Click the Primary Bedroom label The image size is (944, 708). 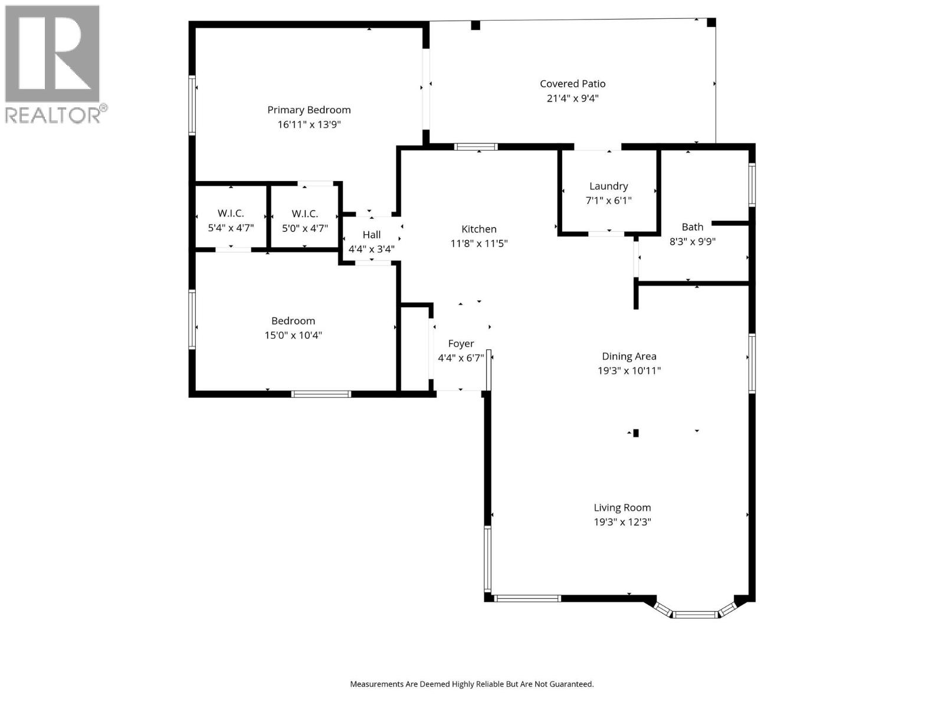click(309, 110)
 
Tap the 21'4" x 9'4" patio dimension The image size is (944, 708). click(572, 99)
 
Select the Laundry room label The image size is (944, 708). click(608, 186)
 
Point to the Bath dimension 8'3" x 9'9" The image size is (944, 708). click(692, 241)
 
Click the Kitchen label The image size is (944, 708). click(478, 229)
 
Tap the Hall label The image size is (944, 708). click(371, 235)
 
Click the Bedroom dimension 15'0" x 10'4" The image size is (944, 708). click(293, 335)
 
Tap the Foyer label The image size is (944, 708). click(461, 343)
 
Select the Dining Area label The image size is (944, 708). click(628, 356)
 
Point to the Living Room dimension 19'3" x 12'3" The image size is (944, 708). click(622, 522)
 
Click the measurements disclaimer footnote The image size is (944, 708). click(471, 684)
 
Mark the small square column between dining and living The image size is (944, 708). click(635, 433)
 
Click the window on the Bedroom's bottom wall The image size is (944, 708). click(321, 394)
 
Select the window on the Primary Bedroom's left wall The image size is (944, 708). click(192, 105)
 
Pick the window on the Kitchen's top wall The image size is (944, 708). click(476, 147)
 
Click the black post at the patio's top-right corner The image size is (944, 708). click(711, 22)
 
